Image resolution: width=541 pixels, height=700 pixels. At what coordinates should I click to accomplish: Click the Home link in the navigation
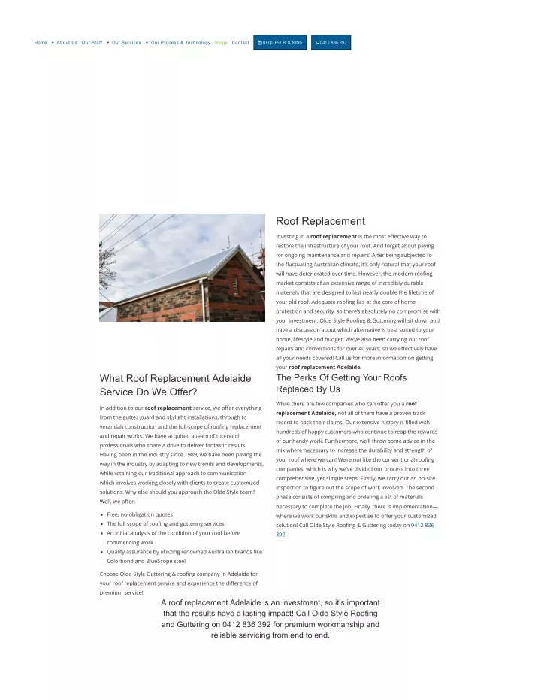pyautogui.click(x=41, y=43)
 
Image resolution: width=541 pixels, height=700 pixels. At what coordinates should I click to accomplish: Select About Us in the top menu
pyautogui.click(x=67, y=43)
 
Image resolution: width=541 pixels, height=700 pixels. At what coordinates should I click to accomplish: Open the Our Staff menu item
pyautogui.click(x=92, y=43)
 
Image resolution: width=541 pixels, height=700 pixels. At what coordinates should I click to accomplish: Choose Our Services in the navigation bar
pyautogui.click(x=126, y=43)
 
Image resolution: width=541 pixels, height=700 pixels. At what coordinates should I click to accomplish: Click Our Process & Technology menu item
pyautogui.click(x=180, y=43)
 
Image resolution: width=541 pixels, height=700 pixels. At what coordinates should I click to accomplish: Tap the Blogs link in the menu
pyautogui.click(x=221, y=43)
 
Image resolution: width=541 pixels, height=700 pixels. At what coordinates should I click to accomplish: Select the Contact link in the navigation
pyautogui.click(x=240, y=43)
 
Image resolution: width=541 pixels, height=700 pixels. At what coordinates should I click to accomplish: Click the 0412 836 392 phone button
pyautogui.click(x=331, y=43)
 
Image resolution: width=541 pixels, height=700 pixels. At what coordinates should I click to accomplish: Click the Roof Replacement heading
pyautogui.click(x=320, y=221)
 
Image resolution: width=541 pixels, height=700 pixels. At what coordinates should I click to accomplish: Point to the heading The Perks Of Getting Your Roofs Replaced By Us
pyautogui.click(x=341, y=383)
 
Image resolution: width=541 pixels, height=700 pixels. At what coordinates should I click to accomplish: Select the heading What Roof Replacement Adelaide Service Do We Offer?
pyautogui.click(x=175, y=385)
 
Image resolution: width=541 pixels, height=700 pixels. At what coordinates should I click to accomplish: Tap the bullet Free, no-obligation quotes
pyautogui.click(x=140, y=514)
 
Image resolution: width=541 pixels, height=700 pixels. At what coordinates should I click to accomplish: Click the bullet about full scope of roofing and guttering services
pyautogui.click(x=165, y=523)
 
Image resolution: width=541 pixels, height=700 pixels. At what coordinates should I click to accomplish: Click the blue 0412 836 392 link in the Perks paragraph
pyautogui.click(x=422, y=526)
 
